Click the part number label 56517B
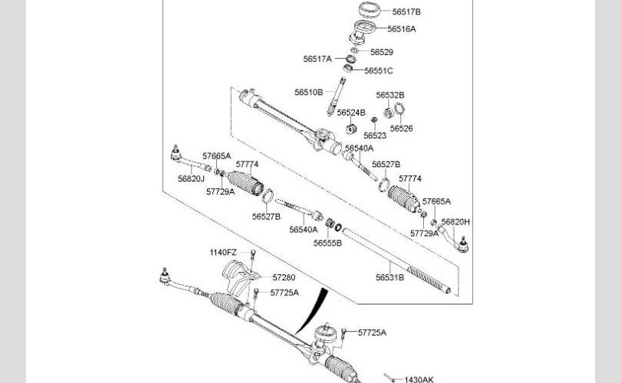[406, 11]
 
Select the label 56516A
[402, 29]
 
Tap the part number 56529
[382, 52]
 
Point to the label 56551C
[379, 70]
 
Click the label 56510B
[308, 92]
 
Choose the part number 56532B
[390, 95]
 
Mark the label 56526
[401, 129]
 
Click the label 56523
[375, 136]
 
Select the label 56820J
[191, 178]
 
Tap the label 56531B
[389, 278]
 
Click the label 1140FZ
[223, 253]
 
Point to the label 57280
[284, 278]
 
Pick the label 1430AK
[419, 379]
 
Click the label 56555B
[327, 244]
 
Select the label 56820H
[455, 222]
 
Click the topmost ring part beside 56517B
[370, 9]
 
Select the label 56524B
[351, 113]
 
